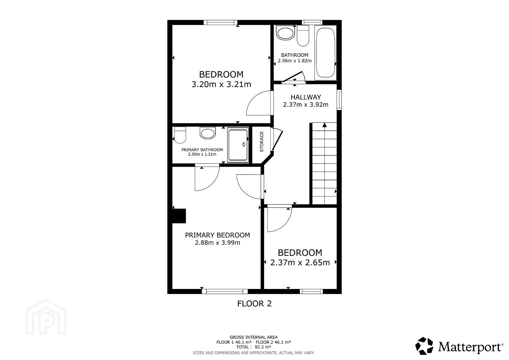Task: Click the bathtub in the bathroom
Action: click(325, 53)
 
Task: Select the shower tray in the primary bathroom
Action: click(238, 145)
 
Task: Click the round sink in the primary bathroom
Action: click(207, 133)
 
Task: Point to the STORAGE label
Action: click(262, 142)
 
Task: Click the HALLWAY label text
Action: click(306, 97)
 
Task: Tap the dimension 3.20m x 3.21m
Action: click(221, 84)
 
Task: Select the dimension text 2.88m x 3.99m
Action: click(217, 243)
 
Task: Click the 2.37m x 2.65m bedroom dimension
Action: click(300, 263)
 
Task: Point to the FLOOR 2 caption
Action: click(255, 304)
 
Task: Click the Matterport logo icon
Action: click(424, 346)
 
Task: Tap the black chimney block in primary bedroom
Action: click(179, 216)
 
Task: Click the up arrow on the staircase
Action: click(325, 125)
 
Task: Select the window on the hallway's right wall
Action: click(339, 100)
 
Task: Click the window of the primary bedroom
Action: click(225, 291)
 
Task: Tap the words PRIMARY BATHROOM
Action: click(202, 150)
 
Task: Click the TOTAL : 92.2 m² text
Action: click(253, 347)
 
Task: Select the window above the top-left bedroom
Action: click(220, 22)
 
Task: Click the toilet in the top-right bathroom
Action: click(303, 36)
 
